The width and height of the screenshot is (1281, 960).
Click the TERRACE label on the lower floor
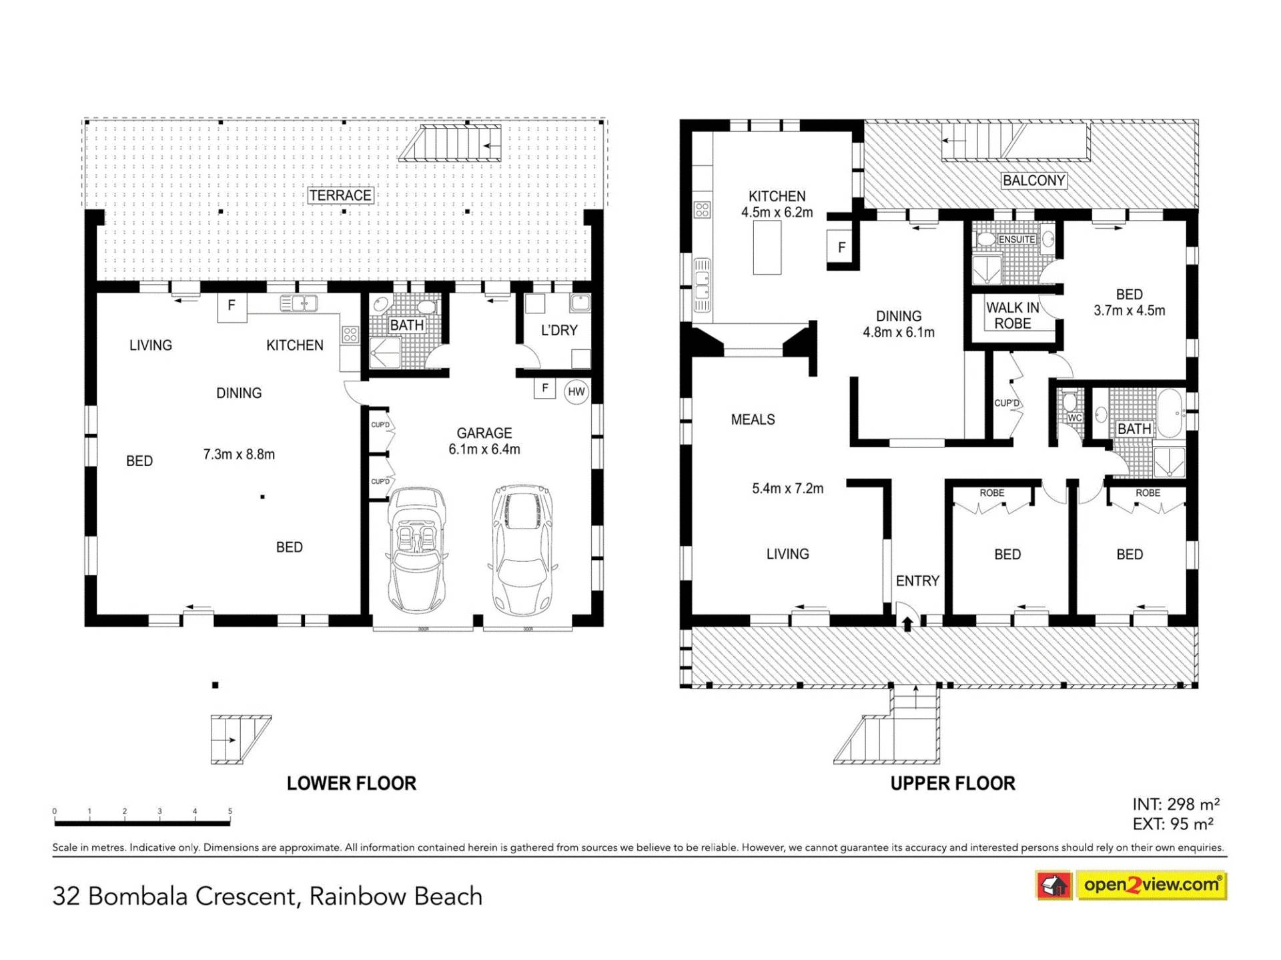click(340, 195)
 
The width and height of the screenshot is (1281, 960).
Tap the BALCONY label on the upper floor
click(1033, 181)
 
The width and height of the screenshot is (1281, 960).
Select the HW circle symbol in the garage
click(576, 392)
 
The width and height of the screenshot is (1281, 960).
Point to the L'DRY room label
click(559, 331)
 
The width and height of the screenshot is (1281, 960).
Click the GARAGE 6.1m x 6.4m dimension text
click(484, 441)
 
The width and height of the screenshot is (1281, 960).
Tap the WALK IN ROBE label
click(1013, 315)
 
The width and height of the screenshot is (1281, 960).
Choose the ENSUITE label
click(1017, 239)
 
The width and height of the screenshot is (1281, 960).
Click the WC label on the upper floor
click(1074, 418)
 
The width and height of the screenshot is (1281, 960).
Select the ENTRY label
click(917, 581)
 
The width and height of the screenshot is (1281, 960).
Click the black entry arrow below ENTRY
click(907, 623)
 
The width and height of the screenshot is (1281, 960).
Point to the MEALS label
click(753, 420)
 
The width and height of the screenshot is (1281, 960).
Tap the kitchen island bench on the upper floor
click(767, 247)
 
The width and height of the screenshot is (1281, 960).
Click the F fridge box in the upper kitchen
click(842, 247)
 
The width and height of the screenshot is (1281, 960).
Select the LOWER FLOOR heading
click(352, 783)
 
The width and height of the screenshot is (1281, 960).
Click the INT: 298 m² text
click(1176, 805)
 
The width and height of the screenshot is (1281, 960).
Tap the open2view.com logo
click(1131, 885)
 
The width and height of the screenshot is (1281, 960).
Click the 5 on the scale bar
click(230, 811)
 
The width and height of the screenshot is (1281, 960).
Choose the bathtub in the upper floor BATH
click(1170, 413)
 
